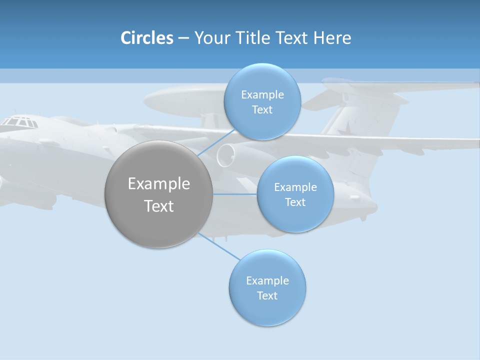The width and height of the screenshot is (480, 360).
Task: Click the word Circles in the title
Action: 147,37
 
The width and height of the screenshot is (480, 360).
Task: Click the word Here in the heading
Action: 332,37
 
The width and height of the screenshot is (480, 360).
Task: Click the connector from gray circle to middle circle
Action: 235,194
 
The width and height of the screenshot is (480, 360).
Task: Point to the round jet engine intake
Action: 226,155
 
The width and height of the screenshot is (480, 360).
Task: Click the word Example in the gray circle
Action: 159,183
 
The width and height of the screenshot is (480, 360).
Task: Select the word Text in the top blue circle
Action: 262,109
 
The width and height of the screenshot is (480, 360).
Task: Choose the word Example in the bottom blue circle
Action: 267,280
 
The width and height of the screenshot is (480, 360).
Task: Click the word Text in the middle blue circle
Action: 295,202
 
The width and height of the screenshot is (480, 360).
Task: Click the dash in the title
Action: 183,38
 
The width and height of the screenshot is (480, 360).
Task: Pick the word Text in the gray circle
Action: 159,205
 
